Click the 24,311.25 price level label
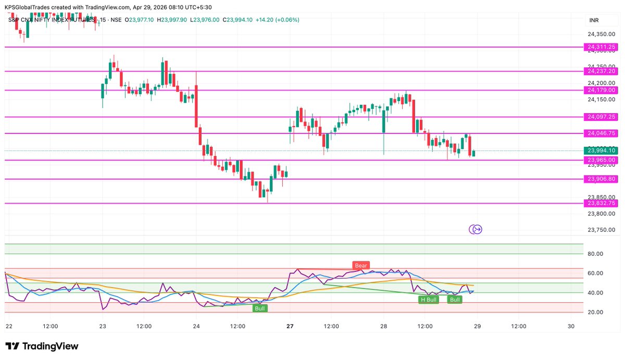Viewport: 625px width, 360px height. tap(602, 47)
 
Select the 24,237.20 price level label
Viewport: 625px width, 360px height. tap(602, 71)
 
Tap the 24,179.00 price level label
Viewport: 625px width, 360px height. tap(602, 90)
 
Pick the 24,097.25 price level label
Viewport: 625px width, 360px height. tap(602, 117)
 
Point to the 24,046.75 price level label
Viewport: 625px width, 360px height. tap(602, 133)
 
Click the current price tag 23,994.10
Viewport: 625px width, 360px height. tap(602, 151)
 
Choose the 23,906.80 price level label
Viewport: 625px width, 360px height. tap(602, 179)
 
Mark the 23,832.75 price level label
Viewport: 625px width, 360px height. tap(602, 203)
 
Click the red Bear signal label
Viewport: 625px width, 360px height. tap(361, 266)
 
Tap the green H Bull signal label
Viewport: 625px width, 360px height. tap(429, 300)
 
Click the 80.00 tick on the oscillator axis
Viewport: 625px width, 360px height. tap(596, 254)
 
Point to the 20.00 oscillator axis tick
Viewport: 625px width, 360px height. tap(596, 312)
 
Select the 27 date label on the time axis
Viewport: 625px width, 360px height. tap(290, 327)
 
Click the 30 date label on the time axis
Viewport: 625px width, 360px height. tap(571, 327)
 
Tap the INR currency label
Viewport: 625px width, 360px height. tap(594, 20)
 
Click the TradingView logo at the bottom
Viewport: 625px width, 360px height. tap(42, 346)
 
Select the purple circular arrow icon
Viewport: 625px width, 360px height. tap(476, 229)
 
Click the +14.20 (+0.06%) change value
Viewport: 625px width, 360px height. tap(278, 20)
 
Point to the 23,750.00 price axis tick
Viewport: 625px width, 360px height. tap(602, 230)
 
